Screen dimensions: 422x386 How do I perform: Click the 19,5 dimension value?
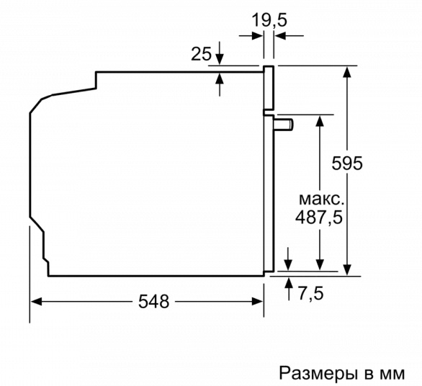[x=269, y=21]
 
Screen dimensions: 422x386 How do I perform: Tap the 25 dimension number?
[x=202, y=54]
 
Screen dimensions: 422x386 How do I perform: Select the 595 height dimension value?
[x=347, y=163]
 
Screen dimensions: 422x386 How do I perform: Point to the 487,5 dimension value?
[x=319, y=217]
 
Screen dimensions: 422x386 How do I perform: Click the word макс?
[x=322, y=199]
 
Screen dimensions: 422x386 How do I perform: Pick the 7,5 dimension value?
[x=310, y=293]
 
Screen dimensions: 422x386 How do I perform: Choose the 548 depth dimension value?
[x=153, y=302]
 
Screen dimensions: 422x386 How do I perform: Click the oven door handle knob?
[x=284, y=125]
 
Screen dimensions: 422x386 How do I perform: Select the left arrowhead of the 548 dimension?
[x=36, y=302]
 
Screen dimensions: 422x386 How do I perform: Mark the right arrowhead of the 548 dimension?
[x=257, y=302]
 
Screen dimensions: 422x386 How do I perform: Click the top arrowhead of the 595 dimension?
[x=347, y=71]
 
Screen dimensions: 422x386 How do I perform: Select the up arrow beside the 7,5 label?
[x=289, y=289]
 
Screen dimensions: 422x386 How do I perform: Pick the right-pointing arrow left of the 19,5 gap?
[x=251, y=35]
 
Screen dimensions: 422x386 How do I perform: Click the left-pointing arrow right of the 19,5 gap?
[x=289, y=35]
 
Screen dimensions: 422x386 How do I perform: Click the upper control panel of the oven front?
[x=269, y=89]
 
